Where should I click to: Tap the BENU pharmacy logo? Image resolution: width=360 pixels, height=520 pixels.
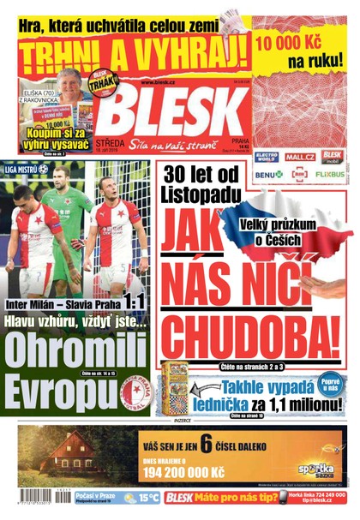click(268, 174)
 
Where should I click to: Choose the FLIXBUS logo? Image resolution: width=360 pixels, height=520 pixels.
click(330, 174)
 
